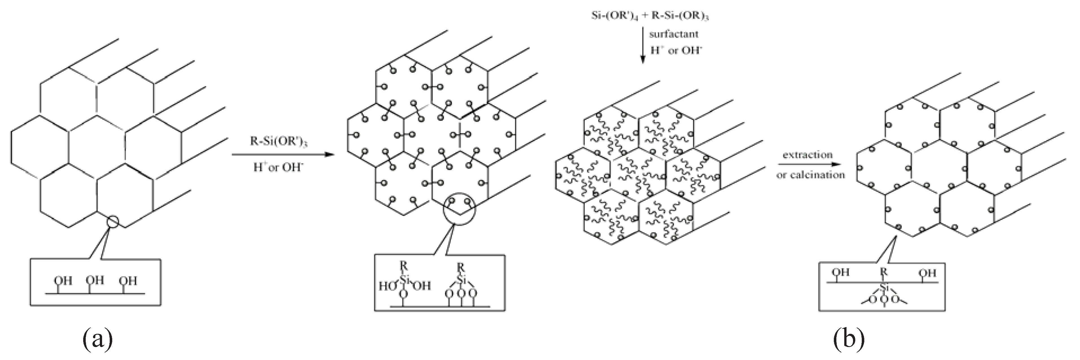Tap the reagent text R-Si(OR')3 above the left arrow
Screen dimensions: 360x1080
click(x=279, y=142)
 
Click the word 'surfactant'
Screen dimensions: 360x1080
click(x=674, y=34)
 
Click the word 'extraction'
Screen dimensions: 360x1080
click(x=808, y=155)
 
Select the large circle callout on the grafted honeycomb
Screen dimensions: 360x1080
click(x=460, y=209)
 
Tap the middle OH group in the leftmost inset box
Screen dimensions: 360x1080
click(x=95, y=280)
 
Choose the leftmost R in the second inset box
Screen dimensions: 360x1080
click(x=403, y=265)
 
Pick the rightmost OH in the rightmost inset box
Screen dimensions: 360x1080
click(x=927, y=273)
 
